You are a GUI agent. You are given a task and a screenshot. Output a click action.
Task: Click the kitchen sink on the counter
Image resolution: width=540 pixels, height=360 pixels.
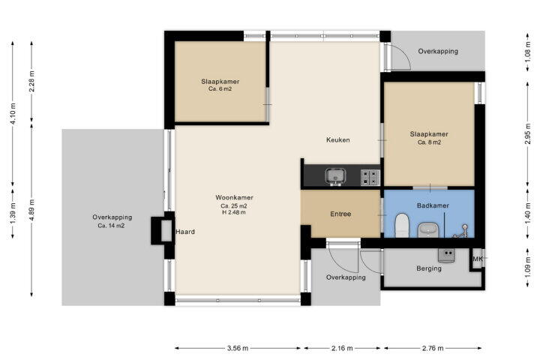[x=335, y=176]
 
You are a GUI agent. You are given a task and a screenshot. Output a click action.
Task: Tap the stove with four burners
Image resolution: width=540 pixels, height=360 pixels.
[x=370, y=178]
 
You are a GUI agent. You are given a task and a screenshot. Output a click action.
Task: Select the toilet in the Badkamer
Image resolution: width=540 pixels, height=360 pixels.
[x=401, y=225]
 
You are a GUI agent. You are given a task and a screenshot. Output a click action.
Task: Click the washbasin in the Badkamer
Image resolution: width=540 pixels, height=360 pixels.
[x=427, y=229]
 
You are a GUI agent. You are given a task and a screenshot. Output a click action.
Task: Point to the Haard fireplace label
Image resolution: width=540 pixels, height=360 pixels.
[x=185, y=232]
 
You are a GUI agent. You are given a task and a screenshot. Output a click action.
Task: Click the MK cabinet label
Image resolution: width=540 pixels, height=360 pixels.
[x=477, y=259]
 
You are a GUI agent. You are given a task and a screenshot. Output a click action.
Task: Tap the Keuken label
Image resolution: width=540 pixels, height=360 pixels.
[x=337, y=139]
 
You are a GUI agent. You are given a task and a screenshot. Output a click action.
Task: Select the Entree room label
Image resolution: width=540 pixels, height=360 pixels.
[x=340, y=214]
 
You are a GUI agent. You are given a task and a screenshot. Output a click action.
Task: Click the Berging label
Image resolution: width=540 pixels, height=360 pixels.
[x=429, y=268]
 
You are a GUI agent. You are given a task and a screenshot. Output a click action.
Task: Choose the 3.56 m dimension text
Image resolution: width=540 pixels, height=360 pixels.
[x=238, y=348]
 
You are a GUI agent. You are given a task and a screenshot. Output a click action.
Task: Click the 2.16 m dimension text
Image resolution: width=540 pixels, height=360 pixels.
[x=342, y=348]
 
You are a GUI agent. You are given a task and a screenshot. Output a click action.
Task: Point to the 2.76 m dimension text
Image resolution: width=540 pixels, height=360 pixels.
[x=433, y=348]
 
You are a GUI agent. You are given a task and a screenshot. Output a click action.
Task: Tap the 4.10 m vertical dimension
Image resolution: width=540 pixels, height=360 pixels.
[x=13, y=114]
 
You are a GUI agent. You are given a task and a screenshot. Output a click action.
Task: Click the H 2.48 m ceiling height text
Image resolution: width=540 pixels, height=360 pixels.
[x=234, y=212]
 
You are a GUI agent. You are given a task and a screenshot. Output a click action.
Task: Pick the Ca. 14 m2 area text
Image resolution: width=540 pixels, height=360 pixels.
[x=111, y=226]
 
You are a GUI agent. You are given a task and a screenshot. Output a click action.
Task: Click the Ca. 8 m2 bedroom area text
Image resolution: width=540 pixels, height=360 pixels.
[x=429, y=142]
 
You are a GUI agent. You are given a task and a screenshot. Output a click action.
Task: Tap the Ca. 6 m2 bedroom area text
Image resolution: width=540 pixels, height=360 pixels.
[x=220, y=89]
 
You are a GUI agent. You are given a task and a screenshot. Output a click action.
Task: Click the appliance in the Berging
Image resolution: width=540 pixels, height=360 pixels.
[x=447, y=255]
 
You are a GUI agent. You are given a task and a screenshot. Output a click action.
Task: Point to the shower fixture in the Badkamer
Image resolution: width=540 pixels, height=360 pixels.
[x=461, y=232]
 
